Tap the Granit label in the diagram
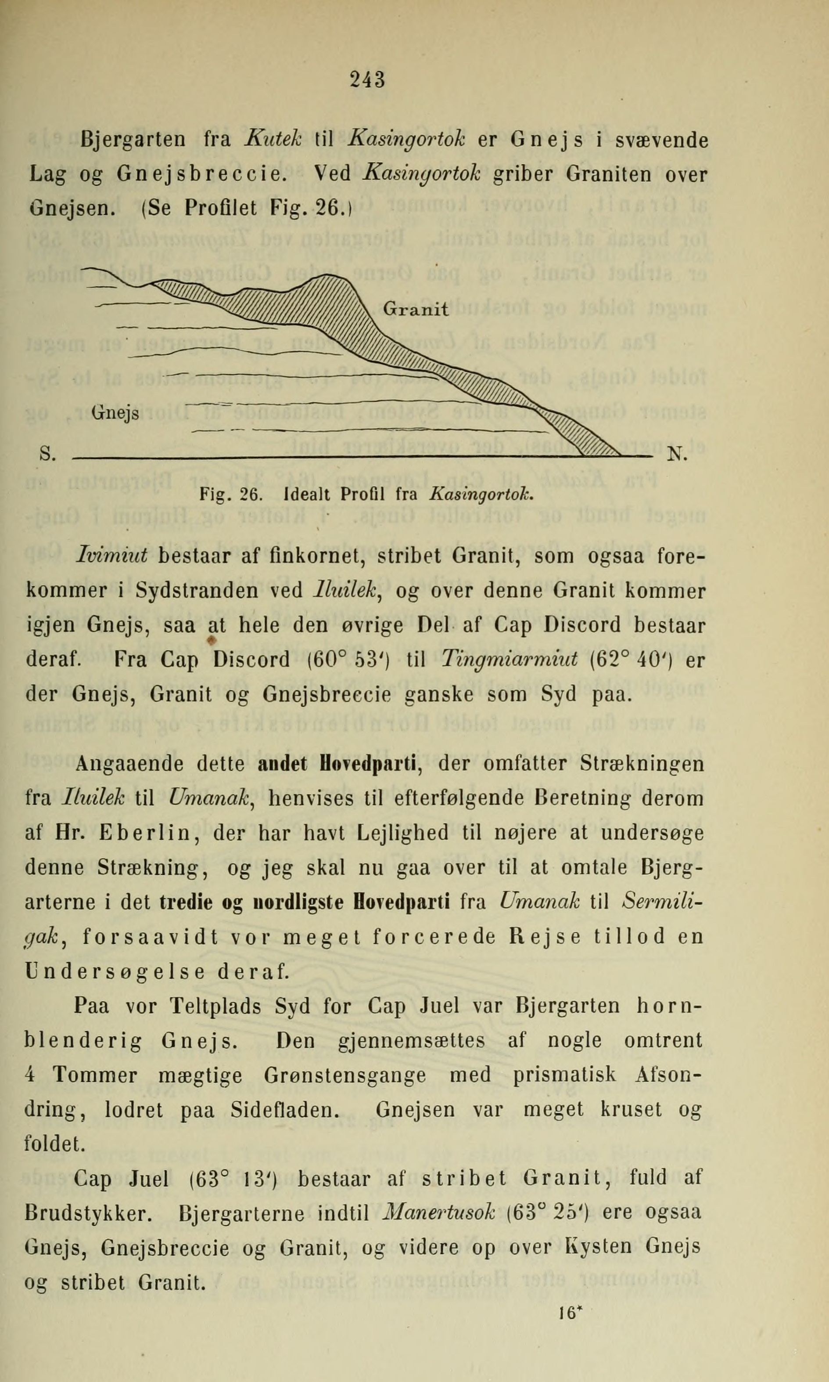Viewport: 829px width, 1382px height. pos(416,309)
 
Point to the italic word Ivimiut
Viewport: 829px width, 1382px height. pos(111,556)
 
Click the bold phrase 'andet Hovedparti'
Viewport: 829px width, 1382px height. pos(340,763)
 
